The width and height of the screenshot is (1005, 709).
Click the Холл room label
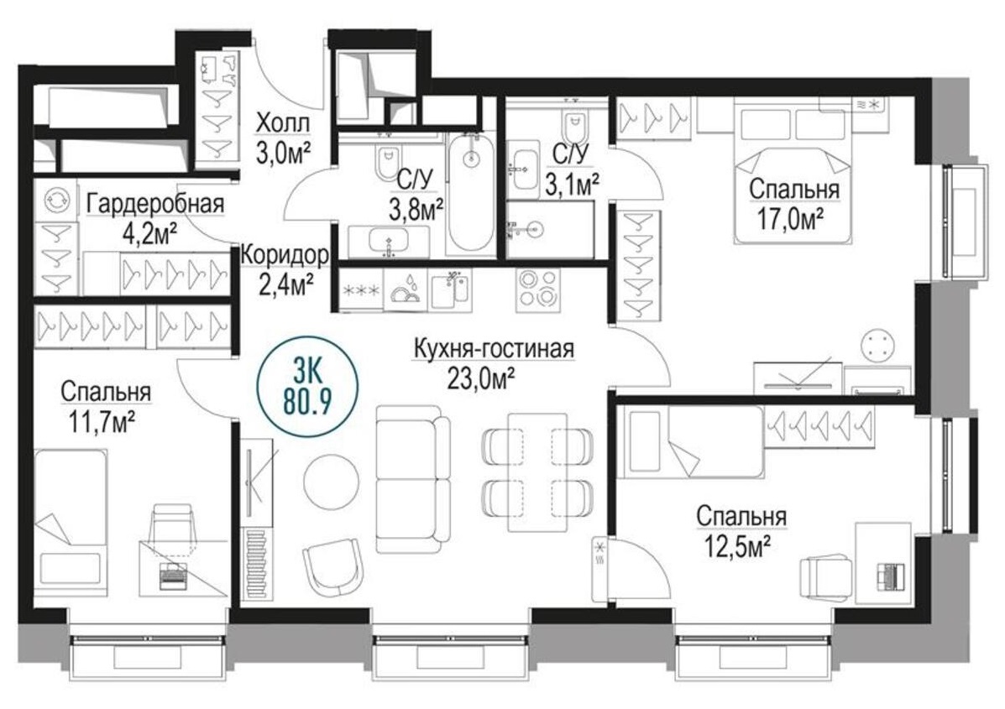pyautogui.click(x=282, y=124)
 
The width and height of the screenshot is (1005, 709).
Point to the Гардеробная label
pyautogui.click(x=154, y=204)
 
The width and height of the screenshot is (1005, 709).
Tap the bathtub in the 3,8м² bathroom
pyautogui.click(x=469, y=193)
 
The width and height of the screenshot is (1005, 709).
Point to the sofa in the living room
pyautogui.click(x=411, y=479)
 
